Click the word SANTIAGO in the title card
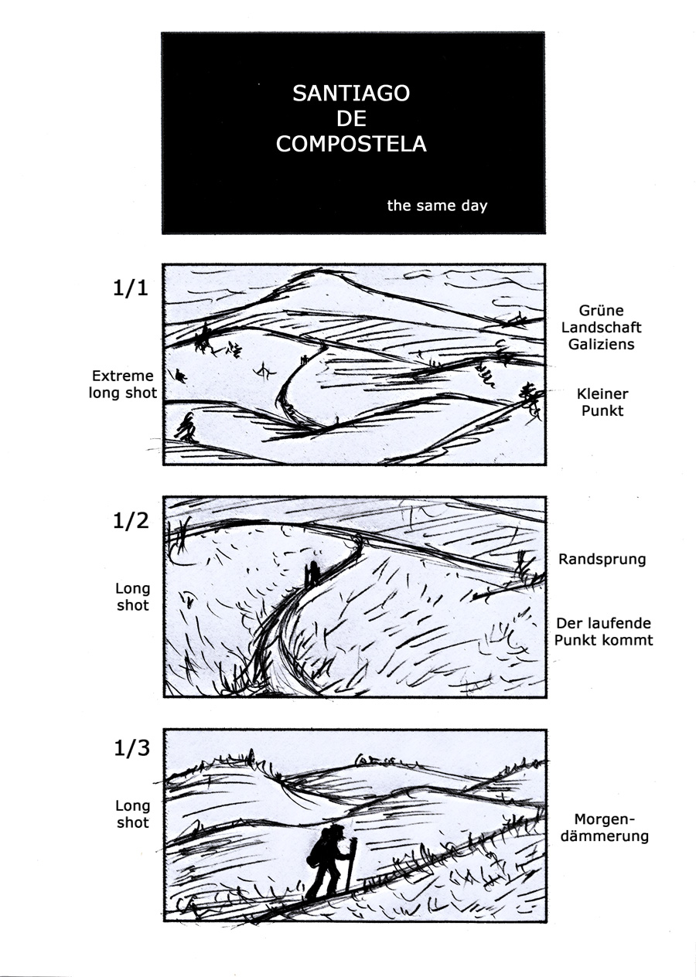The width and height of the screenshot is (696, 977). pos(351,94)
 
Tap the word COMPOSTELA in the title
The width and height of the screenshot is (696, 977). pos(351,144)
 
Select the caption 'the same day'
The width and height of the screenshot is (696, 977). pos(437,206)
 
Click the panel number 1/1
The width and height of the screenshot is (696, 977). pos(131,288)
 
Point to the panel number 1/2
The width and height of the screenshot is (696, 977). pos(131,520)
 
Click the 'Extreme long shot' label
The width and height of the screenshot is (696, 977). pos(123,384)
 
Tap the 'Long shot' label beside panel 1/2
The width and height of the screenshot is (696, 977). pos(133,597)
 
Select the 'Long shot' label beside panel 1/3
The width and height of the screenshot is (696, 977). pos(133,814)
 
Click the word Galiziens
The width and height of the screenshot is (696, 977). pos(601,344)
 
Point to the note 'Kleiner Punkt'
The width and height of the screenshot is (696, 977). pos(602,402)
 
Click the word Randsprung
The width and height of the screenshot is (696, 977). pos(602,559)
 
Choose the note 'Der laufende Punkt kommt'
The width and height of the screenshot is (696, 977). pos(603,631)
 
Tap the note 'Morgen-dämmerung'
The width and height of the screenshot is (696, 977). pos(605,828)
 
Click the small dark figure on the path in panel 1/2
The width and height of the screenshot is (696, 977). pos(313,574)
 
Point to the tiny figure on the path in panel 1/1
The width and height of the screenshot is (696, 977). pos(304,360)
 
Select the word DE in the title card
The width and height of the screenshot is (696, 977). pos(351,118)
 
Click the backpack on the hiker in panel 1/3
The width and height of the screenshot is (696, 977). pos(318,846)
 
